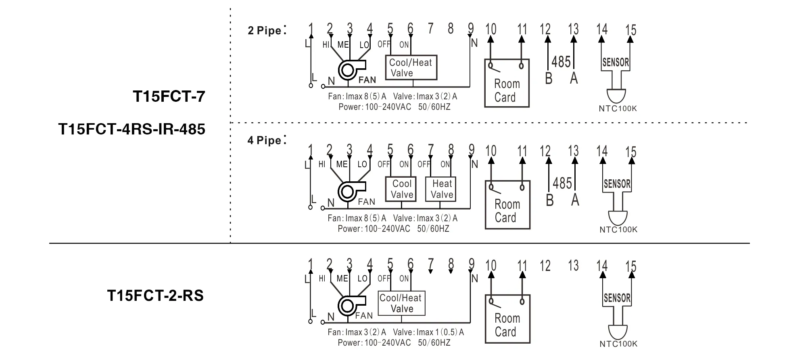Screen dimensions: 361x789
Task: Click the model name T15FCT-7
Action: click(169, 97)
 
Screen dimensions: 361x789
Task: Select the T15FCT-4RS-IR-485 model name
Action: click(132, 129)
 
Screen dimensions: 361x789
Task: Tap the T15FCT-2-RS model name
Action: click(155, 296)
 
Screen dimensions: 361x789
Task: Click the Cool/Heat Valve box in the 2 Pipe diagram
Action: click(411, 67)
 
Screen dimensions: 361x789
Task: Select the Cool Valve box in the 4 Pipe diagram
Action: click(402, 189)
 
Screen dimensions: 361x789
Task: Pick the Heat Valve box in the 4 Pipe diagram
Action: click(441, 189)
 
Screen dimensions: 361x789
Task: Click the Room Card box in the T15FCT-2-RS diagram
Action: click(507, 319)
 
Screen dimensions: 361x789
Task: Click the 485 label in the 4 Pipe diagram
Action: click(562, 183)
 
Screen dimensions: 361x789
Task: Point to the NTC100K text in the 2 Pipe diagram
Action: click(618, 109)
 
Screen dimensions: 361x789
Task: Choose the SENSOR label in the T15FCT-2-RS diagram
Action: click(617, 298)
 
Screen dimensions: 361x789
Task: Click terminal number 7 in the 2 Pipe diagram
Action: click(430, 29)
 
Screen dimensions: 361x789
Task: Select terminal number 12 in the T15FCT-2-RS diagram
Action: click(545, 266)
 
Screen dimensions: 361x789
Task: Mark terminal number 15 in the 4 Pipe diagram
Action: click(630, 152)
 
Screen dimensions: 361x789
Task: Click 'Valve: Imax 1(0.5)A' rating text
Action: click(428, 332)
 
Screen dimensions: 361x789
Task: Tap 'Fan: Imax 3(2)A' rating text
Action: click(357, 332)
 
